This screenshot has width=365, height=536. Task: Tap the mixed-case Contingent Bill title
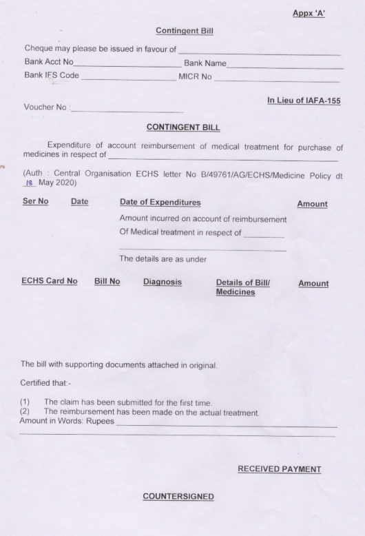[x=182, y=31]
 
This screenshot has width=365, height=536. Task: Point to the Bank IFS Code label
[x=52, y=75]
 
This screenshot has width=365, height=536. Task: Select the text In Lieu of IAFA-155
[x=304, y=101]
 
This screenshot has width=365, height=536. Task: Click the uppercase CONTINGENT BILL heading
[x=182, y=128]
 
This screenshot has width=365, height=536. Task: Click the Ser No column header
[x=36, y=203]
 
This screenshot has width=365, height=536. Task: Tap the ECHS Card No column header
[x=50, y=283]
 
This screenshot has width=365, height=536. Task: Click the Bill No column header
[x=107, y=283]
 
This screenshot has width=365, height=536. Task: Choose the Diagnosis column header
[x=163, y=283]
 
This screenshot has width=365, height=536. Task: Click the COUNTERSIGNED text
[x=178, y=497]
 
